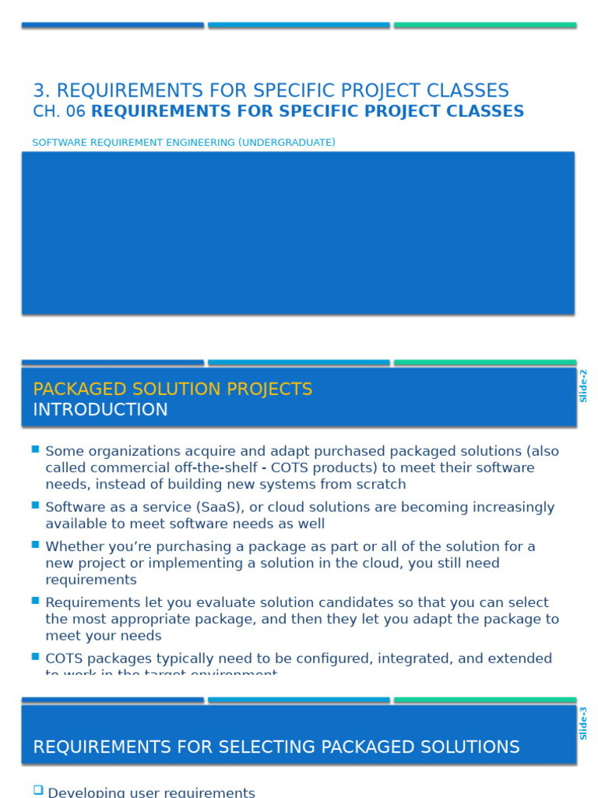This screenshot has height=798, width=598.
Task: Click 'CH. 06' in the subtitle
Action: coord(58,111)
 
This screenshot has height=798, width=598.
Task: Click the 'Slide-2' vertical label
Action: coord(583,386)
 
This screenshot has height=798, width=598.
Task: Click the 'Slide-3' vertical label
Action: coord(583,723)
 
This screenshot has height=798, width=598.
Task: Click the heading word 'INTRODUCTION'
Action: coord(100,410)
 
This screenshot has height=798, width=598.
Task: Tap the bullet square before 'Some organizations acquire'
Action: coord(36,450)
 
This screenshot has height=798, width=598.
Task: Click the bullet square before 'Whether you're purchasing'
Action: coord(36,545)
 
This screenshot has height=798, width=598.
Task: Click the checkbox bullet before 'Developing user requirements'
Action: coord(37,790)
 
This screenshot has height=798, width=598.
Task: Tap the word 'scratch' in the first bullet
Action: coord(380,485)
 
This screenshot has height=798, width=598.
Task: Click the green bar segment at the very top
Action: coord(484,26)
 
